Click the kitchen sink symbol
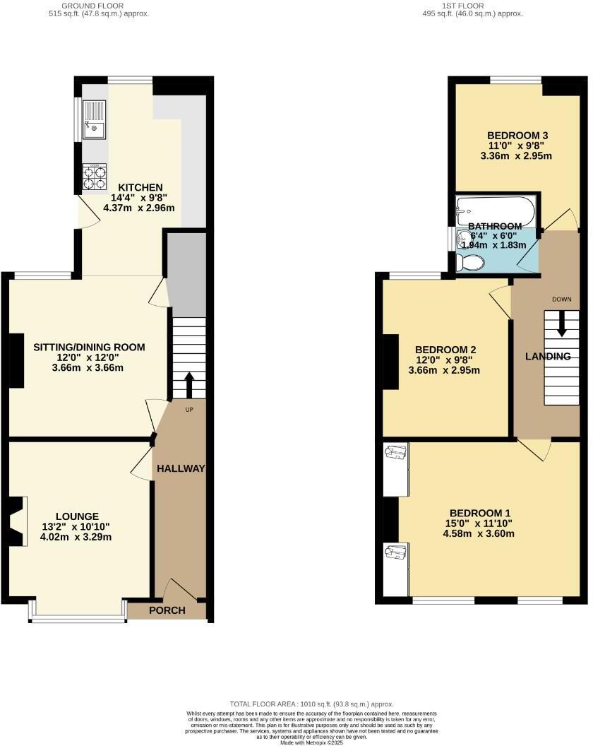point(93,120)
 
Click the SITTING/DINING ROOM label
point(90,347)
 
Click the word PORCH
point(167,610)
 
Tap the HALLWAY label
point(181,468)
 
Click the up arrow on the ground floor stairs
point(189,384)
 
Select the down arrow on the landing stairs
point(562,327)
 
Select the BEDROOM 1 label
point(480,513)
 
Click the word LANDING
point(548,356)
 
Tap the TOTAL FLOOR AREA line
point(311,704)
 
